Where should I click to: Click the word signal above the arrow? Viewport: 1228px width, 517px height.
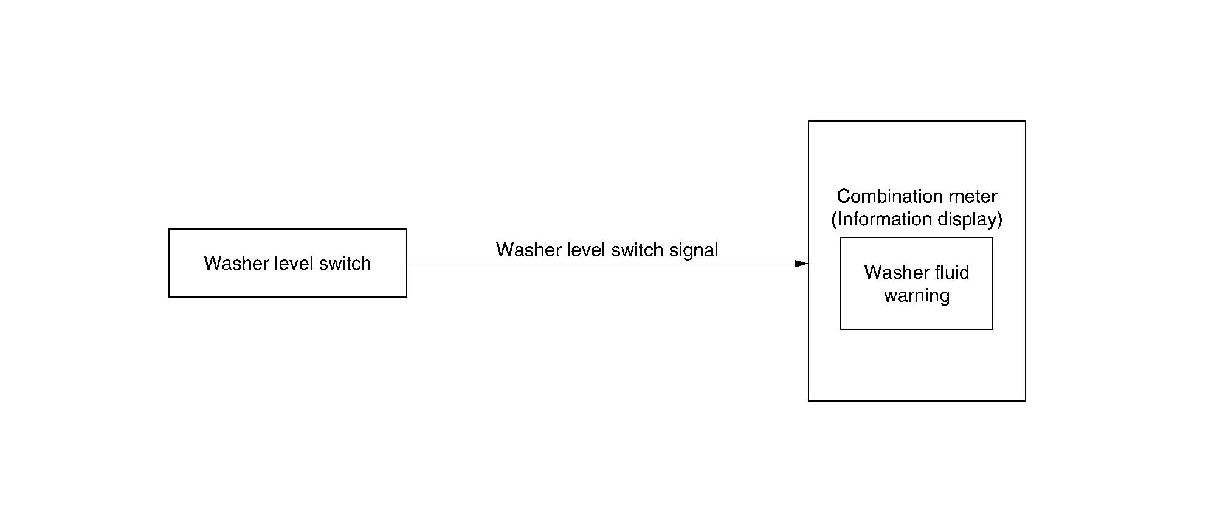(694, 250)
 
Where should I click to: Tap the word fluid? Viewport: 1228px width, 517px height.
(952, 272)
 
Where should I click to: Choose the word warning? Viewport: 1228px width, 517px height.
(917, 296)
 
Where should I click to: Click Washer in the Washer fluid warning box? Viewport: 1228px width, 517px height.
(897, 272)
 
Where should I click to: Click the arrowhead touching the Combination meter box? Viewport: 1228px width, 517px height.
(801, 264)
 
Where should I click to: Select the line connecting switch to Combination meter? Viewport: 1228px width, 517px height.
(607, 264)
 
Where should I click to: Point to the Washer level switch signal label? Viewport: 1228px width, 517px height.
(607, 250)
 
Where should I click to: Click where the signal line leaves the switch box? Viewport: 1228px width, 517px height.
(407, 264)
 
